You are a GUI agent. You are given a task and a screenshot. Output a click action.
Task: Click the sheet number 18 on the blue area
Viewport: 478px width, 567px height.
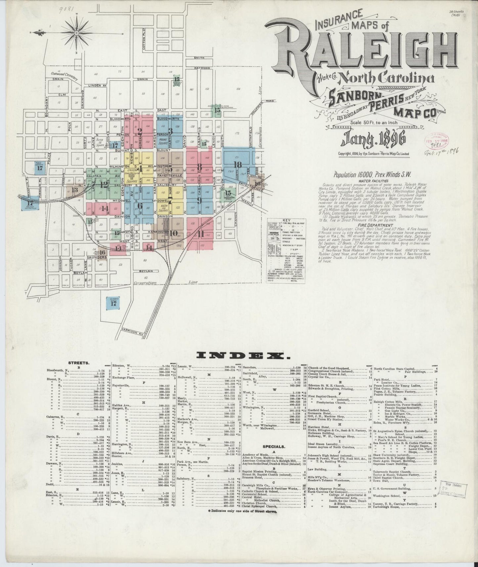[237, 165]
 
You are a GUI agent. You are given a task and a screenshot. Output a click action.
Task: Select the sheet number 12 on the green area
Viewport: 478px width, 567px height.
[104, 184]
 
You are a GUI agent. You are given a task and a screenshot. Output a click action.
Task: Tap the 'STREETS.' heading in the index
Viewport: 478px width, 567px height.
[78, 363]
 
